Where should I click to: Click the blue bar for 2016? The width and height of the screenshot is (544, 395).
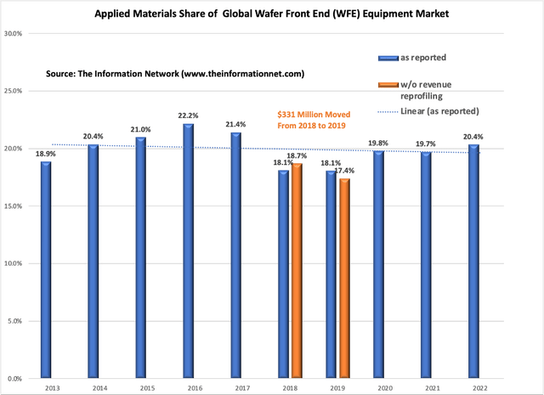188,251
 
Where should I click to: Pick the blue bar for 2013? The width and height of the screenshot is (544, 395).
45,269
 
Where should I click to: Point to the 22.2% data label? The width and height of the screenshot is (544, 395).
188,116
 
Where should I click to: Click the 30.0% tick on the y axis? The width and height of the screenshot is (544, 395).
13,34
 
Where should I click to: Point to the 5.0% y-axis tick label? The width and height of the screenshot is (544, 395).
14,321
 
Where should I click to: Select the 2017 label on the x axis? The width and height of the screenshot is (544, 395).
235,387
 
